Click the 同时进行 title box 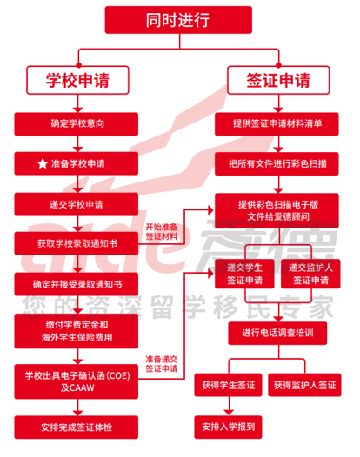coord(178,20)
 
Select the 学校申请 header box coord(77,80)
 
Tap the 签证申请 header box coord(278,80)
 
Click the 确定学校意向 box coord(77,124)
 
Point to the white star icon coord(43,163)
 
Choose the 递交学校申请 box coord(77,204)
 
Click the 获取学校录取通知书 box coord(77,243)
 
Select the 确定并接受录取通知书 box coord(77,284)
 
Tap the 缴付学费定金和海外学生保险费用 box coord(77,331)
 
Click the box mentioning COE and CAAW coord(77,381)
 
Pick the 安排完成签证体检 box coord(77,427)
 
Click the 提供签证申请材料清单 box coord(277,124)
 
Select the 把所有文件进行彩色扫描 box coord(277,163)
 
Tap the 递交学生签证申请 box coord(244,274)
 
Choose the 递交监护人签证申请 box coord(310,274)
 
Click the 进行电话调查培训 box coord(277,333)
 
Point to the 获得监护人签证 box coord(304,385)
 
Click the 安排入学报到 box coord(228,427)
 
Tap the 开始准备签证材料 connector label coord(162,232)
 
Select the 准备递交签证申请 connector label coord(162,364)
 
